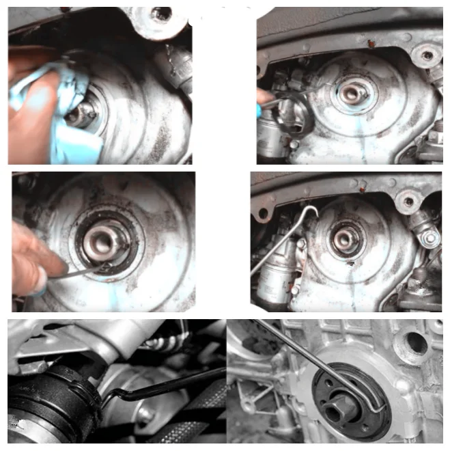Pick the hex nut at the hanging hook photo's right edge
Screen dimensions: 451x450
tap(430, 238)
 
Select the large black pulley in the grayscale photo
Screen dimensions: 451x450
tap(48, 403)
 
